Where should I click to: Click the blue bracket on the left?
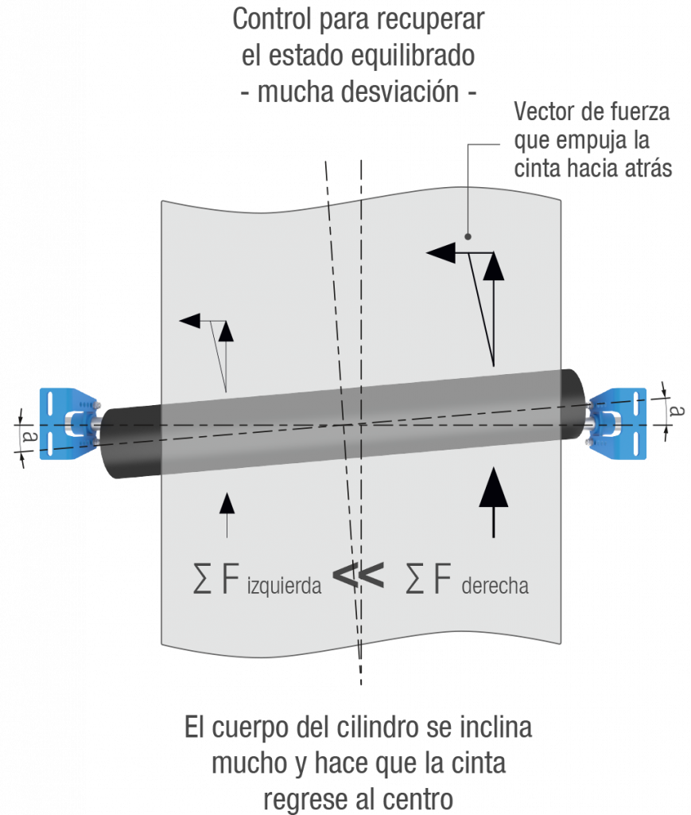(68, 421)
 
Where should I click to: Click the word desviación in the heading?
(398, 92)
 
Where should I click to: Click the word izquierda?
(283, 587)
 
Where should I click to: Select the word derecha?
(495, 587)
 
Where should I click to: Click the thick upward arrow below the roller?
(494, 501)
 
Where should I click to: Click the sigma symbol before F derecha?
(414, 579)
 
